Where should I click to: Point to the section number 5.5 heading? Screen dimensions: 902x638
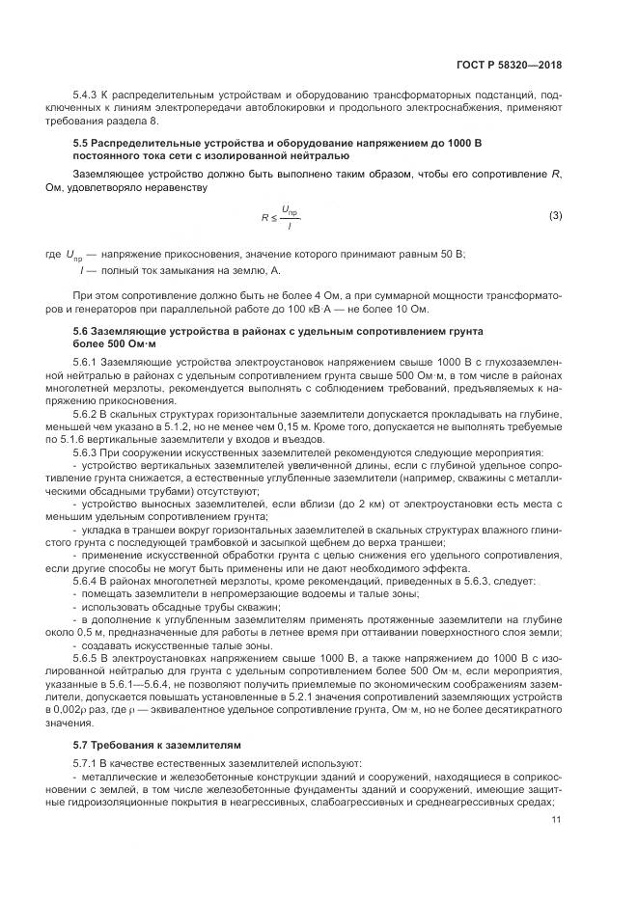click(x=82, y=143)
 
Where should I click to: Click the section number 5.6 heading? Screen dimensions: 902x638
click(x=82, y=331)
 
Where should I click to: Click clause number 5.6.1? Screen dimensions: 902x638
click(x=87, y=362)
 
